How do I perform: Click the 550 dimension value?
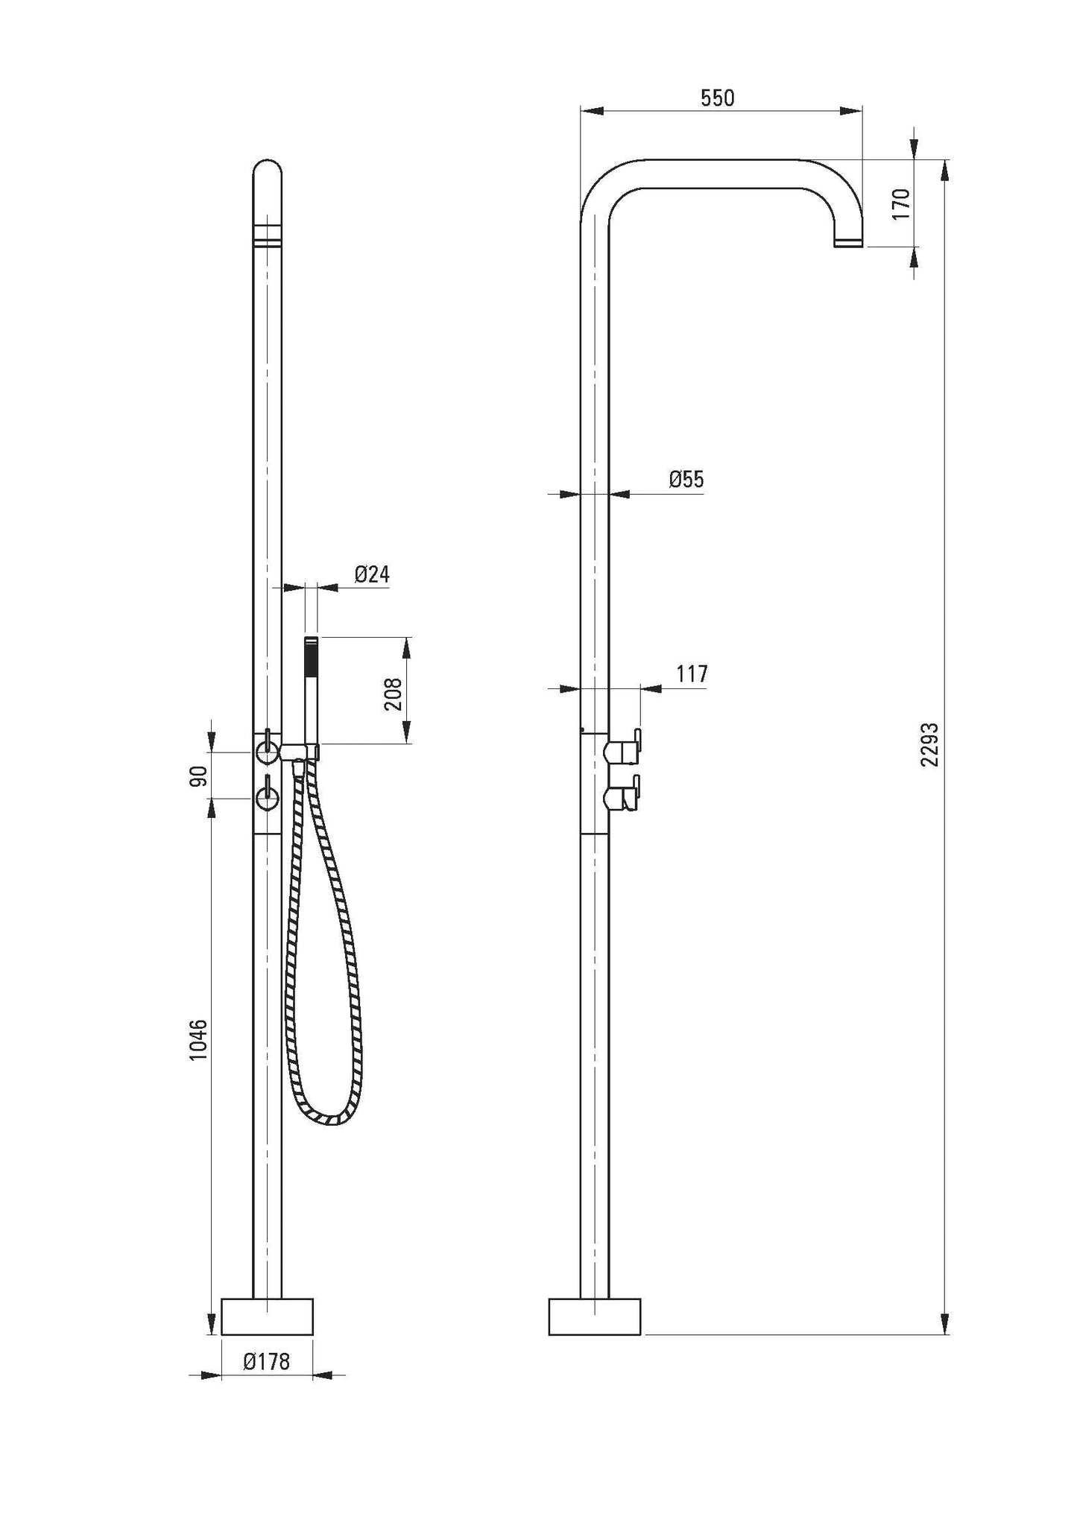click(717, 98)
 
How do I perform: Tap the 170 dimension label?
click(901, 203)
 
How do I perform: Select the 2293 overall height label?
click(929, 743)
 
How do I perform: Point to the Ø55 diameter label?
click(686, 479)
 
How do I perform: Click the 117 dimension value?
click(692, 674)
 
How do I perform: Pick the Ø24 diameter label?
click(372, 574)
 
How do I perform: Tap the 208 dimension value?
click(394, 694)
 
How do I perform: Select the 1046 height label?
click(198, 1039)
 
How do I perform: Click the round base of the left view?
click(268, 1316)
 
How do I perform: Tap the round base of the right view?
click(594, 1316)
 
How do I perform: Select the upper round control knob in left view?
click(266, 752)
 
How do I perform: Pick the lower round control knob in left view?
click(266, 799)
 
